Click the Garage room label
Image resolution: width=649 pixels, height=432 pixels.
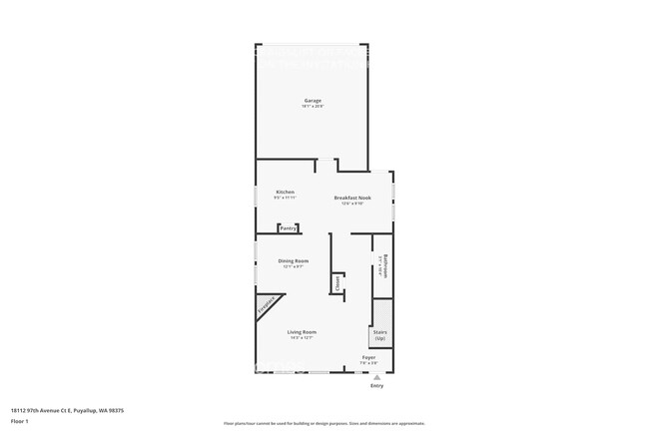pos(313,100)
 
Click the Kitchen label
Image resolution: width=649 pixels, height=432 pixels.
pos(285,192)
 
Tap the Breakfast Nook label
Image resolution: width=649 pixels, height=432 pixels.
pos(352,198)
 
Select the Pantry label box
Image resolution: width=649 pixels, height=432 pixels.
pos(289,228)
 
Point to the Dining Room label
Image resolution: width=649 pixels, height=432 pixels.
pos(293,260)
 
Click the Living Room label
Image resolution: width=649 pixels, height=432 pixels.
pos(302,331)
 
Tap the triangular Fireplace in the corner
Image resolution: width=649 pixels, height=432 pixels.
pos(267,305)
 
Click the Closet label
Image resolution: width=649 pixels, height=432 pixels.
pos(337,282)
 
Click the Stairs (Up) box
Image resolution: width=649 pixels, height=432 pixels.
pos(380,335)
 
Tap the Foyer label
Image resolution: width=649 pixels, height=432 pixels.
pos(368,356)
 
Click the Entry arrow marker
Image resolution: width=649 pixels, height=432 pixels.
pos(376,376)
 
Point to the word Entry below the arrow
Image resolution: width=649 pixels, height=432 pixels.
pos(376,385)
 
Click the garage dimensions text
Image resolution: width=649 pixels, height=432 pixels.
pos(313,106)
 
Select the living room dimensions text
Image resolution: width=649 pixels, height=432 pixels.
pos(302,337)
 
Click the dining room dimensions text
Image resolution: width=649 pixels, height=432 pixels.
pos(293,266)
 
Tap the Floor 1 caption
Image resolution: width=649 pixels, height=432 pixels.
pos(19,421)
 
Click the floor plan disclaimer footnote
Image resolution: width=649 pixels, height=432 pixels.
pos(324,423)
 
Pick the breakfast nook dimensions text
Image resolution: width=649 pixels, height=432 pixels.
pos(352,204)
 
